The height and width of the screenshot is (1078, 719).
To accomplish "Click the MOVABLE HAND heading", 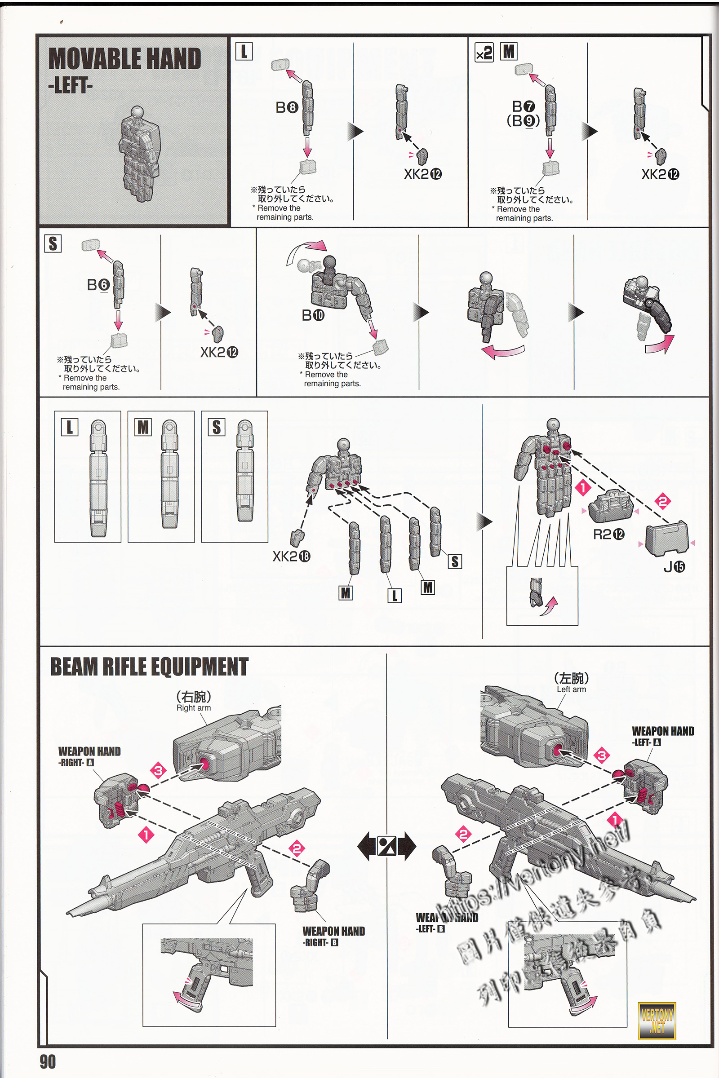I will (124, 59).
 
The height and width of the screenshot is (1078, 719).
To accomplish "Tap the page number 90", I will (48, 1061).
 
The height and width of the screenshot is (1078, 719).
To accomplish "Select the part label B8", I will (287, 107).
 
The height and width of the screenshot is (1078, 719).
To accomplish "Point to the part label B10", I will (313, 315).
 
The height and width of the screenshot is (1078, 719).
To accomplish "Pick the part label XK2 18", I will (291, 557).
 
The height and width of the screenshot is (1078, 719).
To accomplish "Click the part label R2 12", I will (608, 535).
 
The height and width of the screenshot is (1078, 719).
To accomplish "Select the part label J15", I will (674, 567).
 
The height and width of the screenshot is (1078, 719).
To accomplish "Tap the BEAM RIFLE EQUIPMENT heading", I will (149, 667).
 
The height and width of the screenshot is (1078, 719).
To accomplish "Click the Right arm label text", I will (194, 708).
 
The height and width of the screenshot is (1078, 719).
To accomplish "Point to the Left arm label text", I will (571, 689).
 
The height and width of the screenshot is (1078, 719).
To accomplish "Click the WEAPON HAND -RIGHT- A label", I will (89, 756).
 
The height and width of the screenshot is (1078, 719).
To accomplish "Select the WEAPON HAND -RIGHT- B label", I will (333, 936).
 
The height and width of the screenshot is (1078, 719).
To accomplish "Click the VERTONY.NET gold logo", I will (657, 1021).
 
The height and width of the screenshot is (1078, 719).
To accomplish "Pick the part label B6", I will (98, 285).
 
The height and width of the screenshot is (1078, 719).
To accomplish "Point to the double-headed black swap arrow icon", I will (386, 846).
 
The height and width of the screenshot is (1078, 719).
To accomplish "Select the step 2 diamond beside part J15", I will (662, 501).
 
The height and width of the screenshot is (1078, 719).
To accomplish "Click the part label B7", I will (523, 106).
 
